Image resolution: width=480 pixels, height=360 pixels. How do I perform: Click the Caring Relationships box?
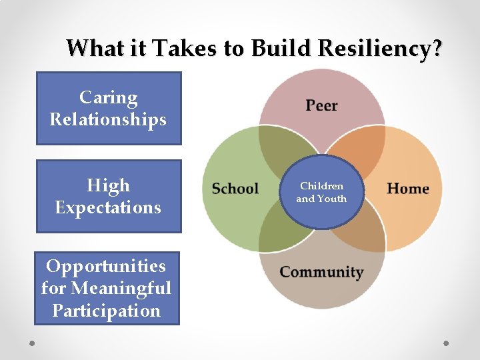pos(108,108)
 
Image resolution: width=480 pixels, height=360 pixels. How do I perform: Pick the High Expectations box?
pos(108,196)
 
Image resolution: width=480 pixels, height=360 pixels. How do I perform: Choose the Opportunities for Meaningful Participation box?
pos(107,288)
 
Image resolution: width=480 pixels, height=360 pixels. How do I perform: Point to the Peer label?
pos(321,105)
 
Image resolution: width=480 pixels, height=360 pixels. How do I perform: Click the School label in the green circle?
pos(235,189)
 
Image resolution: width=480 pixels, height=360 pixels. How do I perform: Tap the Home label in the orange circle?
pos(407,189)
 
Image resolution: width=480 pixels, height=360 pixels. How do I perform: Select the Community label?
pos(321,272)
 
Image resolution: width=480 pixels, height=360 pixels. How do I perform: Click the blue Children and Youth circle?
pos(321,193)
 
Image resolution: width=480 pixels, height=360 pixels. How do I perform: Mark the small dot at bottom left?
pos(32,343)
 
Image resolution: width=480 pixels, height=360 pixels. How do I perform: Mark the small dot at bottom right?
pos(447,343)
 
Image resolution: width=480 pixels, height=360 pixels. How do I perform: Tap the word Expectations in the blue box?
pos(108,207)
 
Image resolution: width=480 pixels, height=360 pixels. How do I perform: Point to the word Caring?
pos(108,97)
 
